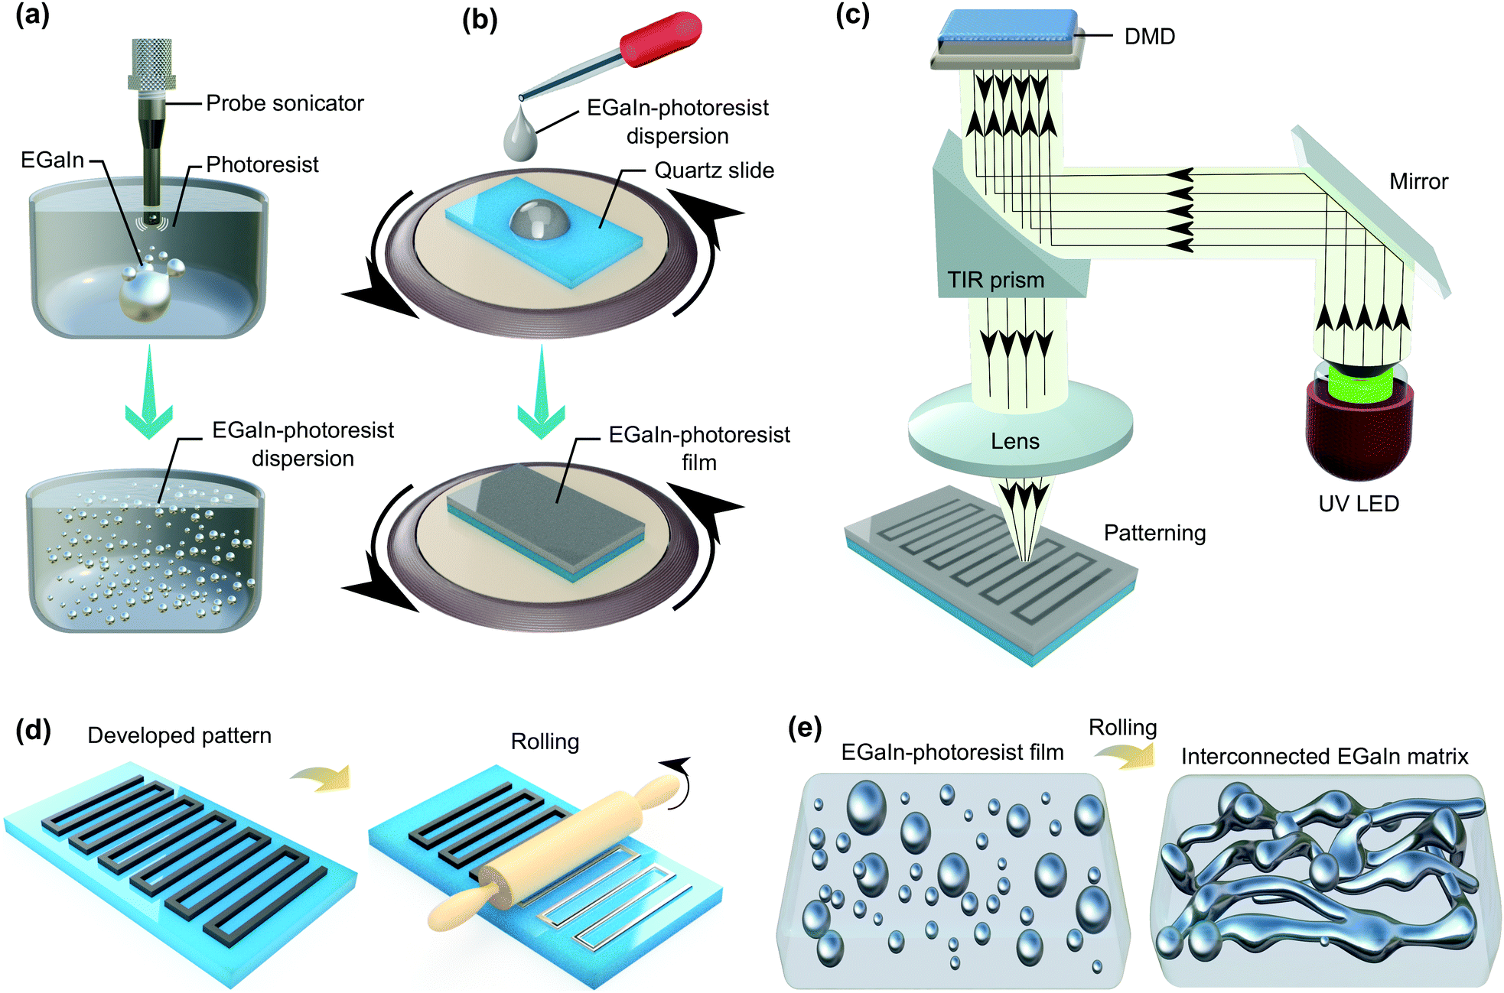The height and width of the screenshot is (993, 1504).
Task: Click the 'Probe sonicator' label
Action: (x=285, y=103)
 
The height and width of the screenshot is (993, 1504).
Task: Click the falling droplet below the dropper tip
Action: (x=520, y=138)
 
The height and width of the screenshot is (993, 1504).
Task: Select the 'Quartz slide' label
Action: (x=714, y=170)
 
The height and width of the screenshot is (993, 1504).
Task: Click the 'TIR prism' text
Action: (x=995, y=280)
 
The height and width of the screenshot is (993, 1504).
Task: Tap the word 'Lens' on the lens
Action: (x=1015, y=441)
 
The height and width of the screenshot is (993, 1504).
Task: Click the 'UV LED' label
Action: (x=1359, y=504)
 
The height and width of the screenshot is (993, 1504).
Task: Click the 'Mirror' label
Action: (x=1418, y=181)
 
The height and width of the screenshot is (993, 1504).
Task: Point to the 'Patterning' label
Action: (x=1154, y=533)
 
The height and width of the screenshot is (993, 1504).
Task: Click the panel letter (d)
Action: (x=33, y=730)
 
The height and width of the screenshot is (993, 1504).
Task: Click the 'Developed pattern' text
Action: (x=179, y=735)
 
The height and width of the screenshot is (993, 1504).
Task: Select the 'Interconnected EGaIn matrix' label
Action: (x=1324, y=756)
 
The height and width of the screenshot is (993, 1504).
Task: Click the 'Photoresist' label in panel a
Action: (x=262, y=164)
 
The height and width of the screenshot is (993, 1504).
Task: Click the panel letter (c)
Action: (x=852, y=15)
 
